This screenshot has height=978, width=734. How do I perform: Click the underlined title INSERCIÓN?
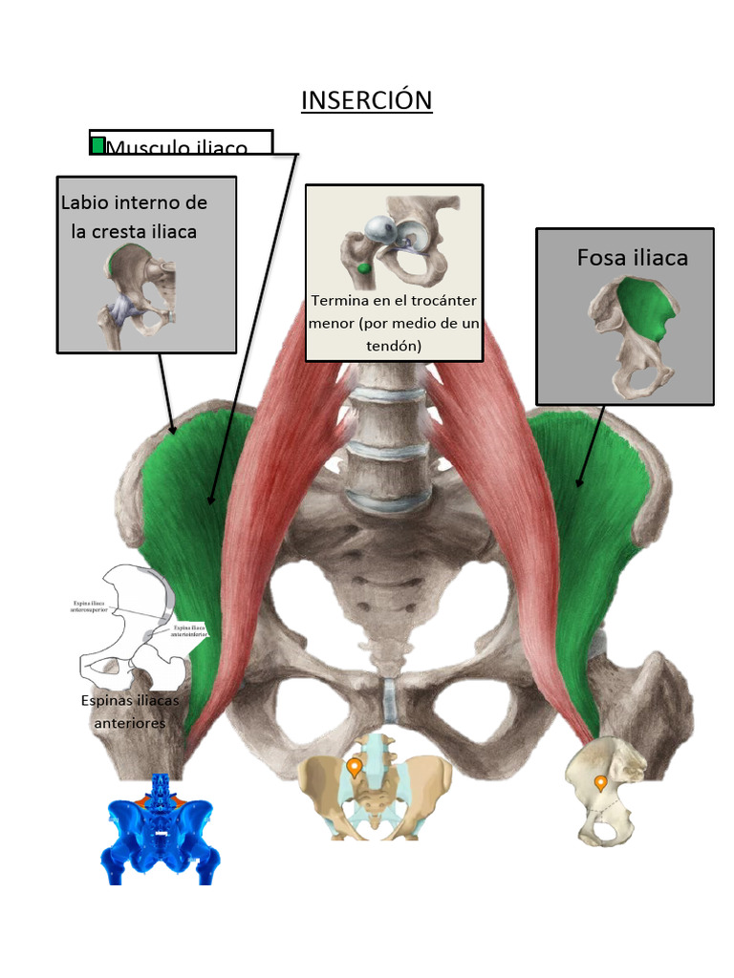point(367,100)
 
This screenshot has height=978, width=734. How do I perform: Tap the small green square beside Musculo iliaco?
point(97,145)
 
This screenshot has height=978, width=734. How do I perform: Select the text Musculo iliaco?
point(177,148)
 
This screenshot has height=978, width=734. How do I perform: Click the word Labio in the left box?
point(84,202)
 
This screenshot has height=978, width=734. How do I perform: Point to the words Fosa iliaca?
point(632,258)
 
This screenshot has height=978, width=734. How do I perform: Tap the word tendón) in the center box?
point(394,346)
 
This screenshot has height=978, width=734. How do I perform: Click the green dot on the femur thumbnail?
point(363,269)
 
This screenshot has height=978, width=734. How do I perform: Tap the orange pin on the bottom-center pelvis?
point(355,767)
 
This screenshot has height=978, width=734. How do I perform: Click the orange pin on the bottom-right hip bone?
point(600,784)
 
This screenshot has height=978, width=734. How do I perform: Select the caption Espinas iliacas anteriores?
point(130,712)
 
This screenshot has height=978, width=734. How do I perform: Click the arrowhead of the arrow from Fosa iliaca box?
point(580,483)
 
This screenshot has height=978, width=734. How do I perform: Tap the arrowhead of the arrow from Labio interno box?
point(173,430)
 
